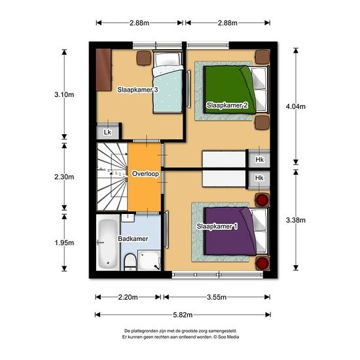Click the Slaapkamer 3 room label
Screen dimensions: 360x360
pyautogui.click(x=137, y=90)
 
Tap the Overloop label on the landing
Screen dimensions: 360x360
pyautogui.click(x=145, y=174)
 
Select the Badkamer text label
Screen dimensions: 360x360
pyautogui.click(x=133, y=238)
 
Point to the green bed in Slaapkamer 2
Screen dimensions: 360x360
pyautogui.click(x=236, y=90)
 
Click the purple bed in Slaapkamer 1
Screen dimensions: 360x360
pyautogui.click(x=236, y=231)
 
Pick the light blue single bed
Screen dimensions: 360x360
pyautogui.click(x=168, y=82)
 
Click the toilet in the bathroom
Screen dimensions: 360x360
pyautogui.click(x=130, y=262)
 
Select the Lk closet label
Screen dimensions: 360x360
pyautogui.click(x=107, y=132)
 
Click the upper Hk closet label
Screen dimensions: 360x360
pyautogui.click(x=259, y=159)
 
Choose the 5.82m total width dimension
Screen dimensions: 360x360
pyautogui.click(x=183, y=315)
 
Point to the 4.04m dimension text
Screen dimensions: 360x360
pyautogui.click(x=295, y=107)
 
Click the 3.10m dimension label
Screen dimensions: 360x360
pyautogui.click(x=64, y=94)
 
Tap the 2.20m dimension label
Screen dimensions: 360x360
pyautogui.click(x=128, y=297)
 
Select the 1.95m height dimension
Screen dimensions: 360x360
pyautogui.click(x=64, y=243)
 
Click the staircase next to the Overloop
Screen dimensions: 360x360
pyautogui.click(x=113, y=176)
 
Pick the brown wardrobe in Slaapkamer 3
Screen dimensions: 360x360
pyautogui.click(x=104, y=70)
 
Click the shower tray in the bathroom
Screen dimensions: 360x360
pyautogui.click(x=149, y=261)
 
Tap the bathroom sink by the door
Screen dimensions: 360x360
pyautogui.click(x=128, y=218)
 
